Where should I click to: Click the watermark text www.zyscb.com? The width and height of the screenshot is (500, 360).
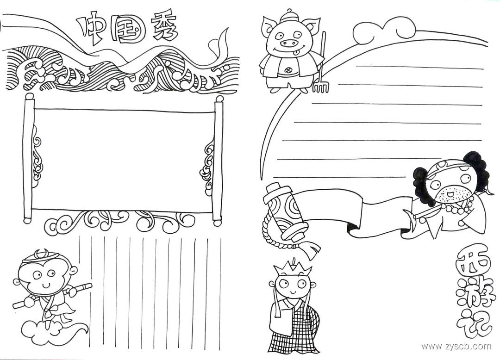pos(456,346)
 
